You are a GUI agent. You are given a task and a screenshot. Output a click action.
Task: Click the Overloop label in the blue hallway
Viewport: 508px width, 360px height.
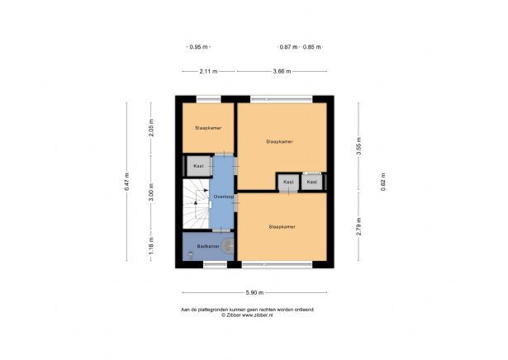222,197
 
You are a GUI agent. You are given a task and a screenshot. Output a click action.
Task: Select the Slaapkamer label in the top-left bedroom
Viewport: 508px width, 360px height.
208,129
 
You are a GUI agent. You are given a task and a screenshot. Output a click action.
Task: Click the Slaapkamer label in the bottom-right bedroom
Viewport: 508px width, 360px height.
282,225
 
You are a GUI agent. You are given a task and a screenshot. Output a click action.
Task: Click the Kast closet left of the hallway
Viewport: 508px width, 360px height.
198,166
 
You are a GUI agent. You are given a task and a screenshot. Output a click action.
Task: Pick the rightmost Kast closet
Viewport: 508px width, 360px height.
311,182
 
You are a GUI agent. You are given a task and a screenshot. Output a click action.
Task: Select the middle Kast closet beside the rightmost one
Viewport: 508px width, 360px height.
287,182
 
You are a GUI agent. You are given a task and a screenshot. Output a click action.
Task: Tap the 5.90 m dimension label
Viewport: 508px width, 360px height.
254,292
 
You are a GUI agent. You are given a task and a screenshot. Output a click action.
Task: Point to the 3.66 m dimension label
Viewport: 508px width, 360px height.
282,72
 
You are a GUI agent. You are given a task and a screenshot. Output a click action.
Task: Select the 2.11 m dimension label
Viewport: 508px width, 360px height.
208,72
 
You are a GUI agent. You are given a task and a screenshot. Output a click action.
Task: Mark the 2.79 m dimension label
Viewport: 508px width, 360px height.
358,225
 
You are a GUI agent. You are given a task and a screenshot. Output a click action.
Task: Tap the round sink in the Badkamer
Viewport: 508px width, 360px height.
227,245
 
